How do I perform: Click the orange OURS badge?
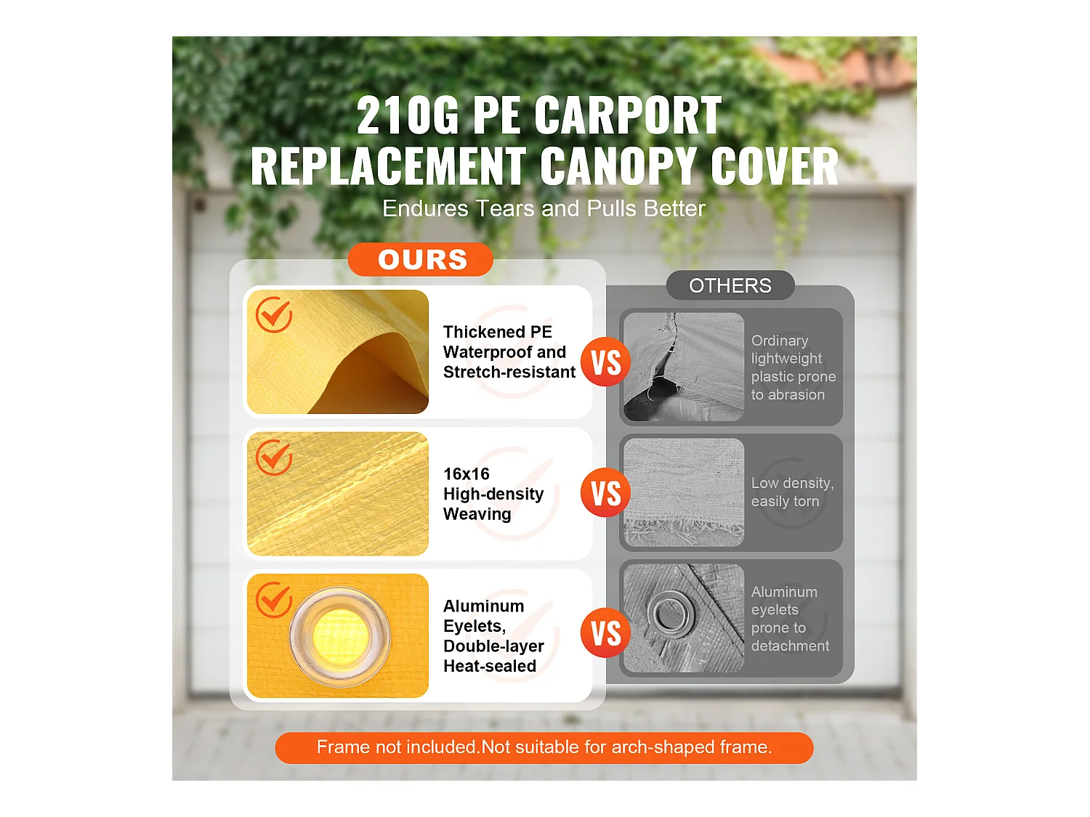[421, 259]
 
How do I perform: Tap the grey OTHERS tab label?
[730, 285]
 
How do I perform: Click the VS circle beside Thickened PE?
[605, 362]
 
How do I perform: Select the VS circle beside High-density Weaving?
[605, 492]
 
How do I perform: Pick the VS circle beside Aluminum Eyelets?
[605, 633]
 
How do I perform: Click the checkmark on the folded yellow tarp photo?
[274, 314]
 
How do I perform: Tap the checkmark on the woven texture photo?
[274, 458]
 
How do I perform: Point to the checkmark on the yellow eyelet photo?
[274, 600]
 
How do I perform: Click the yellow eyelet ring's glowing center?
[339, 636]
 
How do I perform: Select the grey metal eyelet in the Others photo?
[671, 612]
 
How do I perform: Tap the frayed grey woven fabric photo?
[684, 492]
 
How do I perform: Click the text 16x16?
[467, 474]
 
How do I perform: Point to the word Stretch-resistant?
[509, 373]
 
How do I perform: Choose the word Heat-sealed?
[490, 666]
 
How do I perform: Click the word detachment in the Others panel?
[790, 646]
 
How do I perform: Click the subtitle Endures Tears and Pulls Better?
[544, 209]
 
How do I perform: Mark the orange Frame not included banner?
[544, 747]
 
